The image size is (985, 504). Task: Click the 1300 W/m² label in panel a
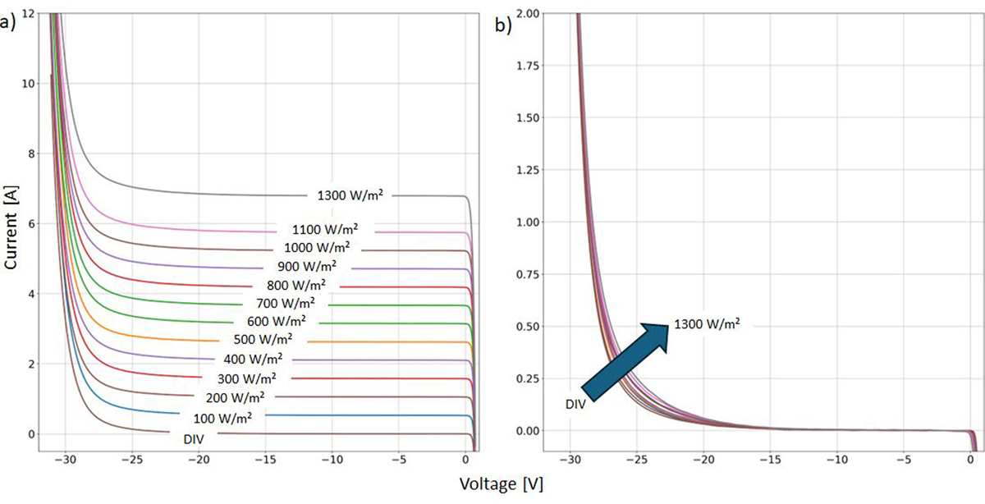(x=350, y=195)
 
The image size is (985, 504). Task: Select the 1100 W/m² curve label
(x=325, y=230)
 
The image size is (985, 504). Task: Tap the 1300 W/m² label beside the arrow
(x=707, y=324)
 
